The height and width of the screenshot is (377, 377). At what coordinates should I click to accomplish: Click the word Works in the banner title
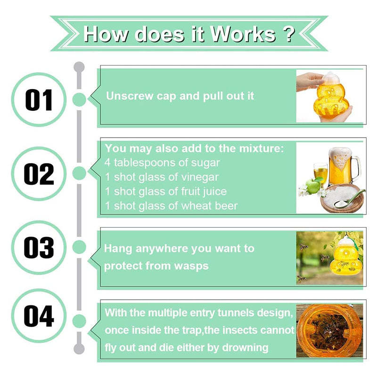(x=243, y=34)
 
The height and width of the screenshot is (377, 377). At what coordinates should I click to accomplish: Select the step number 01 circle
(x=39, y=99)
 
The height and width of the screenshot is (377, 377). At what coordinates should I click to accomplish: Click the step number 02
(x=39, y=174)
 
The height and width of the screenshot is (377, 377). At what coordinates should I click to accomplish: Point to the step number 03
(x=39, y=247)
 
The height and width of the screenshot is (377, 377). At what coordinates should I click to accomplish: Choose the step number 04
(x=39, y=316)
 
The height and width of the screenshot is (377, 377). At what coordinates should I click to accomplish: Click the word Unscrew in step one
(x=130, y=96)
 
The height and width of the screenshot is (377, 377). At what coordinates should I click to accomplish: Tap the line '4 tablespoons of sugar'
(x=162, y=163)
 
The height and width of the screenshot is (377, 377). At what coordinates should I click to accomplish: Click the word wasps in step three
(x=191, y=266)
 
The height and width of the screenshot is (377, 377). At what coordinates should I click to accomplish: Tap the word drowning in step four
(x=245, y=348)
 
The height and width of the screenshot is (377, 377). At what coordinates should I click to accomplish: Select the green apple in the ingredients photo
(x=312, y=186)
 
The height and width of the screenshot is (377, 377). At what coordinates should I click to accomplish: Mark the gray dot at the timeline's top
(x=79, y=67)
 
